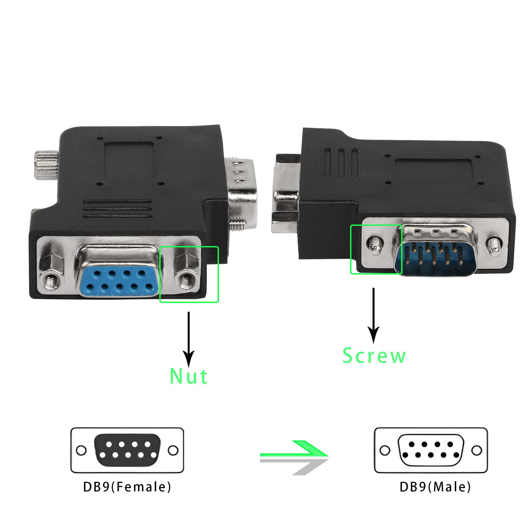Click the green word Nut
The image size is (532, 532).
(x=189, y=376)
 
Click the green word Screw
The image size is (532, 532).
(x=374, y=355)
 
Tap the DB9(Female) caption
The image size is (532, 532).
(x=127, y=487)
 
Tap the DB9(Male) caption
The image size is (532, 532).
(x=435, y=487)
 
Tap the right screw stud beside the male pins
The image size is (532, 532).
(x=495, y=246)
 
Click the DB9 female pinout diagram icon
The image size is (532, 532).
(x=127, y=451)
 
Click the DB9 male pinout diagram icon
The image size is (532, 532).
(x=431, y=451)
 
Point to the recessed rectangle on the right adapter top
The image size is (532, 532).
(x=433, y=170)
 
